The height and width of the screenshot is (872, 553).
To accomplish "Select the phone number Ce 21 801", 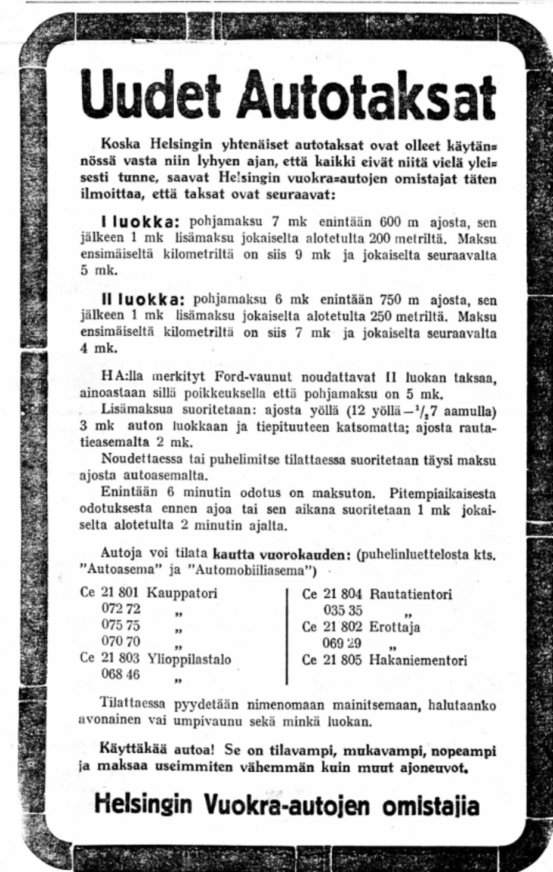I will [110, 593].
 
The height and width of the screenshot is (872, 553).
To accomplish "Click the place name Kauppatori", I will [182, 593].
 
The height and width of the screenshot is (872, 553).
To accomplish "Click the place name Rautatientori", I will [411, 594].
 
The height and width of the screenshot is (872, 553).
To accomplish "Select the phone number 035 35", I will [343, 610].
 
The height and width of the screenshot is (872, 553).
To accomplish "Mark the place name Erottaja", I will [395, 627].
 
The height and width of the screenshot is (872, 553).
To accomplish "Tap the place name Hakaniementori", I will [418, 660].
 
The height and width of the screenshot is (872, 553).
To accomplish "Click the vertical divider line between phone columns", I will [288, 635].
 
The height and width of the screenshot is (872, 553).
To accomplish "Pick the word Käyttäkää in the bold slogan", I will [128, 751].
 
